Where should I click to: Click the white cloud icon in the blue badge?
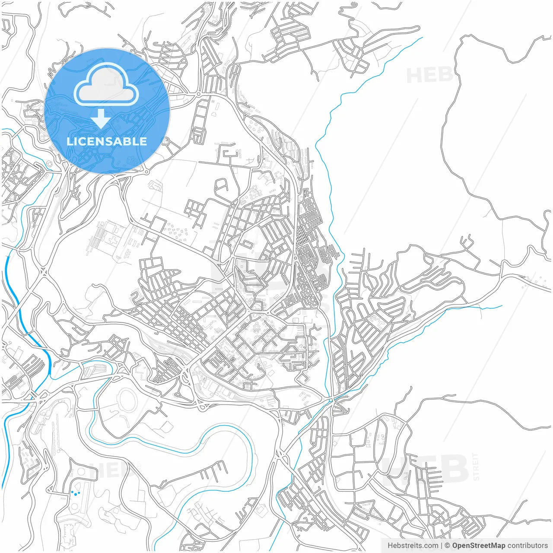pyautogui.click(x=106, y=85)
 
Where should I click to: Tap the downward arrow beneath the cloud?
pyautogui.click(x=101, y=119)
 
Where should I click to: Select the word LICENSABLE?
pyautogui.click(x=107, y=141)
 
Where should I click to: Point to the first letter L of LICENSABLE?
pyautogui.click(x=69, y=141)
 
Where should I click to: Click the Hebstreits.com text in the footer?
pyautogui.click(x=413, y=546)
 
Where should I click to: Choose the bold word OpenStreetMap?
pyautogui.click(x=478, y=546)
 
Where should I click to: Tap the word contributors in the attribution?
pyautogui.click(x=528, y=546)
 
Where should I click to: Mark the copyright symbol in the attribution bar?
pyautogui.click(x=448, y=546)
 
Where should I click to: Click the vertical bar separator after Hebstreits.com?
pyautogui.click(x=441, y=546)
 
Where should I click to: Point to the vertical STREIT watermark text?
pyautogui.click(x=476, y=467)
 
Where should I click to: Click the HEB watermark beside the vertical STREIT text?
pyautogui.click(x=426, y=469)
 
